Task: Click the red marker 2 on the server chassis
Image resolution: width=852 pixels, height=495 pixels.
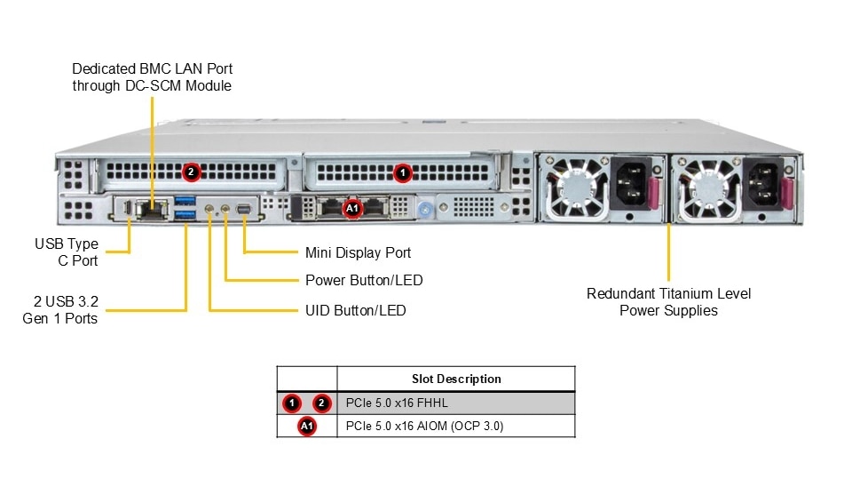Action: pyautogui.click(x=190, y=171)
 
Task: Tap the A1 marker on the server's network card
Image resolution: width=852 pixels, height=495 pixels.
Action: pyautogui.click(x=352, y=208)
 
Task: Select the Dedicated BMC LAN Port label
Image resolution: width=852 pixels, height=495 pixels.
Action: pyautogui.click(x=152, y=76)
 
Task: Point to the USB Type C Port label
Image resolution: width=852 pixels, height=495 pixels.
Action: pyautogui.click(x=67, y=251)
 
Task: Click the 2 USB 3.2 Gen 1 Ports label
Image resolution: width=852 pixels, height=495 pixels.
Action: pyautogui.click(x=61, y=309)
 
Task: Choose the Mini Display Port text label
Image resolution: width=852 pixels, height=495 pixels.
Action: pyautogui.click(x=358, y=252)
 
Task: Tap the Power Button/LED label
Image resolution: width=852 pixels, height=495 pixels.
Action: pyautogui.click(x=363, y=280)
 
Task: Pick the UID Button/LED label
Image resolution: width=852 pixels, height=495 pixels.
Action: pyautogui.click(x=356, y=310)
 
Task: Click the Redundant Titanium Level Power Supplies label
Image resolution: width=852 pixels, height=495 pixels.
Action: pyautogui.click(x=668, y=301)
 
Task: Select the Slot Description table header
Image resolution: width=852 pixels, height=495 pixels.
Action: pyautogui.click(x=456, y=379)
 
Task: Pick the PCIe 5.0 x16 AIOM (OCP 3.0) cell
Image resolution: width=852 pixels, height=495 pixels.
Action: pyautogui.click(x=424, y=426)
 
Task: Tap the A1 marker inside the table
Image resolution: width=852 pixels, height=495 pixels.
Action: pyautogui.click(x=307, y=427)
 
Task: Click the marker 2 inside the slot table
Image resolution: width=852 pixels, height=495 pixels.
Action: pyautogui.click(x=321, y=403)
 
